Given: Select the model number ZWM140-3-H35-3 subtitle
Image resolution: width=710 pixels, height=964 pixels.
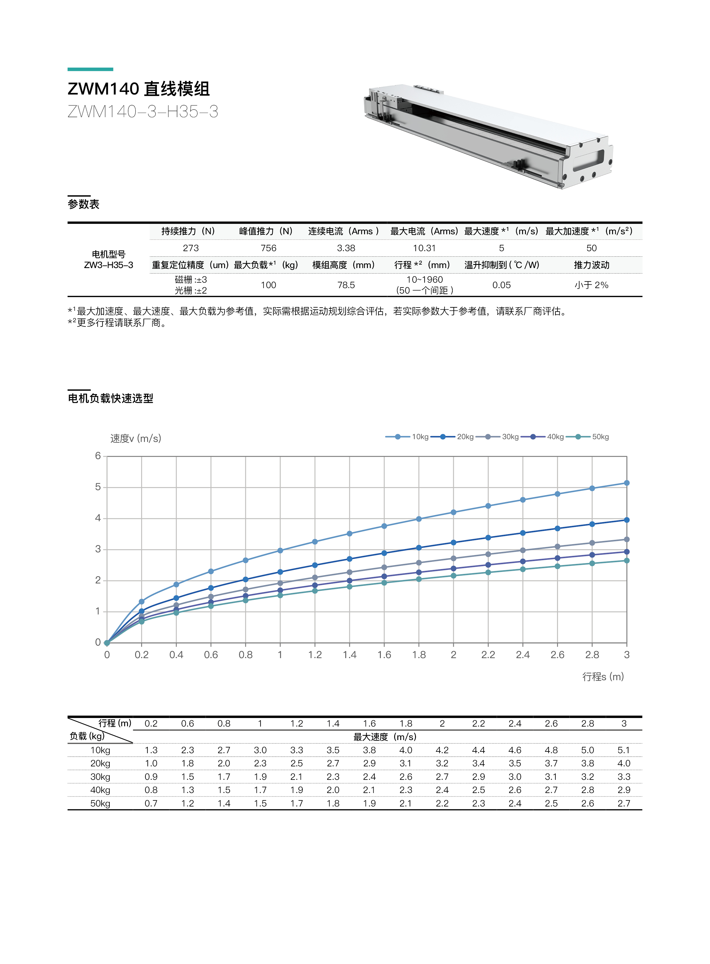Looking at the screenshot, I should [x=143, y=112].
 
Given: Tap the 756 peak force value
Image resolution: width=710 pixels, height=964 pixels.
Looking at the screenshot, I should [x=268, y=248].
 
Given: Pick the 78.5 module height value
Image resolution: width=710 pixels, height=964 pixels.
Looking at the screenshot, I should [x=346, y=285].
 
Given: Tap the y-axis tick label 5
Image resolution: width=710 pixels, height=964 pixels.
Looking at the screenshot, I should [x=98, y=487].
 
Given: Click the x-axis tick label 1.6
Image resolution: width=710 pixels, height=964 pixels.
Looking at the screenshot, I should [x=384, y=655].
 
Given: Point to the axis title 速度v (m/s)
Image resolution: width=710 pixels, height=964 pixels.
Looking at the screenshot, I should [x=136, y=438].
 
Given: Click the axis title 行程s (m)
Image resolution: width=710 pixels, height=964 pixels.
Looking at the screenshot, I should [x=603, y=677].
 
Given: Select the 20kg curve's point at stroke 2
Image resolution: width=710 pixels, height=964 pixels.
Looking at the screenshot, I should [x=453, y=543].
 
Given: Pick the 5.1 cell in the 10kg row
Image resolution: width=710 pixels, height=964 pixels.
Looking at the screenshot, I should [x=623, y=750].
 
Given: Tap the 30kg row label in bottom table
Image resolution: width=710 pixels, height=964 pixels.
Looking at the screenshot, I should [x=100, y=777].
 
